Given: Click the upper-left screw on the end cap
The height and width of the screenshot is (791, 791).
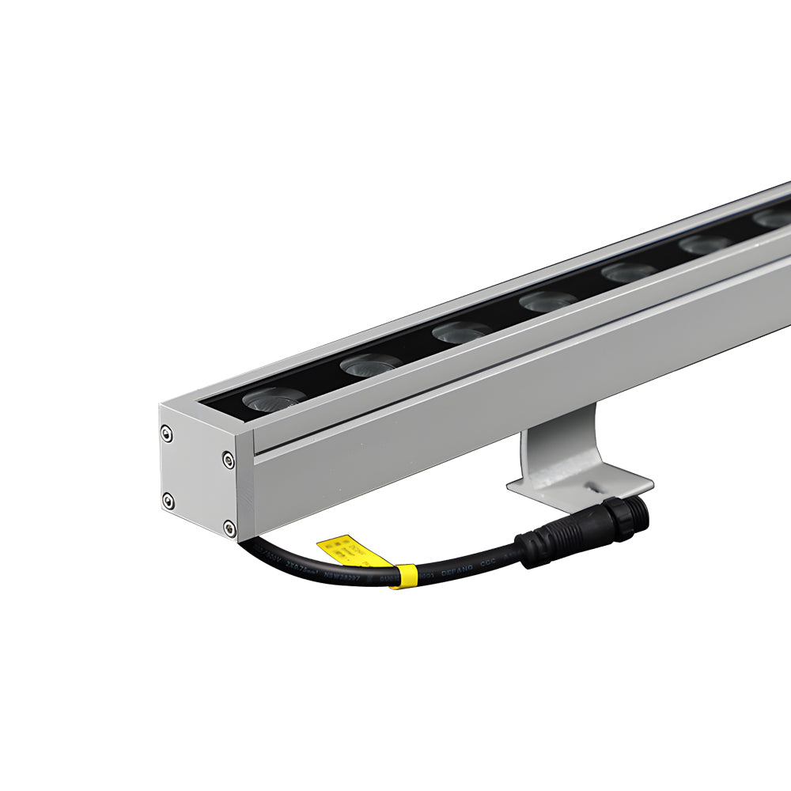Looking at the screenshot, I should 166,432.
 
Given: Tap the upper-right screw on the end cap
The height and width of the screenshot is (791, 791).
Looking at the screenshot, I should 228,459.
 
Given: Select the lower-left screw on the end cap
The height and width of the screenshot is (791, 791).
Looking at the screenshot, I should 168,500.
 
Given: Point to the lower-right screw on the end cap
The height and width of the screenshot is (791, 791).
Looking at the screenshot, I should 229,527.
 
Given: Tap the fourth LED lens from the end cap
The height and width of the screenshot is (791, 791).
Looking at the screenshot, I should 547,301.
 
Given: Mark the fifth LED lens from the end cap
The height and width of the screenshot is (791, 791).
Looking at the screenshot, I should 629,272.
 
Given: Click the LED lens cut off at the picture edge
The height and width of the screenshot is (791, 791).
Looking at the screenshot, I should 774,218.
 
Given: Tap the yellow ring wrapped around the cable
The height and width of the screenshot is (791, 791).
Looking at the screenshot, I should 405,577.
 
